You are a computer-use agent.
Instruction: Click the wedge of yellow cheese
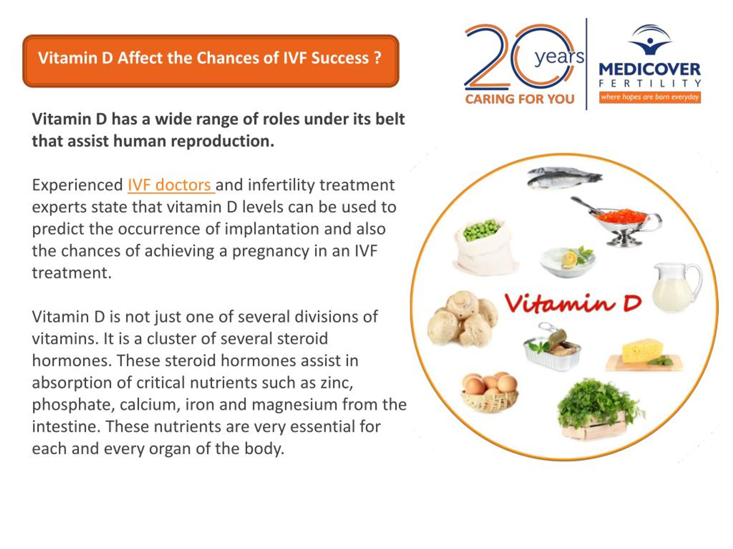pyautogui.click(x=643, y=353)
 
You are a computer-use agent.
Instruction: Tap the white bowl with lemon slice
pyautogui.click(x=568, y=261)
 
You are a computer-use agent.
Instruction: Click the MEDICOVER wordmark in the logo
pyautogui.click(x=649, y=69)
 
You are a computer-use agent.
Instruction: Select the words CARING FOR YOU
pyautogui.click(x=520, y=99)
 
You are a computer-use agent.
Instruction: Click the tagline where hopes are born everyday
pyautogui.click(x=649, y=97)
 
